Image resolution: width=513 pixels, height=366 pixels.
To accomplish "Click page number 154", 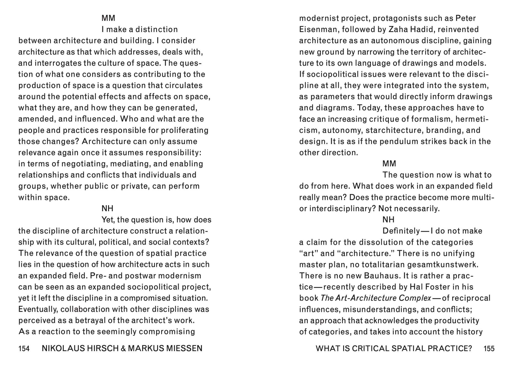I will (x=24, y=349).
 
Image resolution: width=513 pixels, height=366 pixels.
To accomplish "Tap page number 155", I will (x=489, y=349).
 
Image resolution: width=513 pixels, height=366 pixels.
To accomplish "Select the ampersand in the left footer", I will (x=123, y=349).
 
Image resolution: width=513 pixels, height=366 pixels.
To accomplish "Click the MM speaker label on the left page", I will (x=108, y=18).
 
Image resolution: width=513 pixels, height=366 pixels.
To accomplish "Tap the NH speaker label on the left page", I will (x=107, y=208).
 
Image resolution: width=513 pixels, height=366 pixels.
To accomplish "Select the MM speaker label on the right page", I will (x=389, y=164).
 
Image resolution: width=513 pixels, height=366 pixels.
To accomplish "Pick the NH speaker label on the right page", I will (x=388, y=220).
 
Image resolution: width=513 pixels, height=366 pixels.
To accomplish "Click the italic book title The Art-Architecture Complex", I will (x=376, y=298).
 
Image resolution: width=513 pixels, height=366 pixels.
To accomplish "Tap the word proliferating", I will (x=185, y=130).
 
